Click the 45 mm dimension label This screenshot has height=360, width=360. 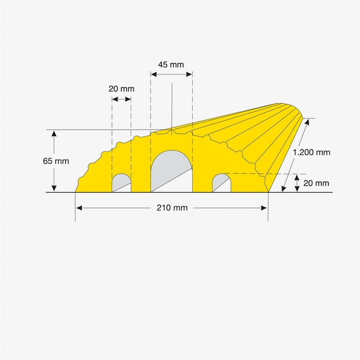click(171, 64)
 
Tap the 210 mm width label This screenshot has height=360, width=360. click(172, 208)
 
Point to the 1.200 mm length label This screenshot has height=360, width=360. click(311, 152)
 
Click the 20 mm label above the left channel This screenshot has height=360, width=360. click(121, 89)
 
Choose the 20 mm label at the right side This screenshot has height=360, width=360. click(316, 183)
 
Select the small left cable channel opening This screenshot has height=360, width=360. click(121, 183)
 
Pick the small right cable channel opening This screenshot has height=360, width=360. click(222, 183)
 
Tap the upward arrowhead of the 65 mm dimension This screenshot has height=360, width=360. click(54, 133)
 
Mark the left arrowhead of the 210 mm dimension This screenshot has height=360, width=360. click(78, 208)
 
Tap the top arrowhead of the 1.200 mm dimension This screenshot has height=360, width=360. click(303, 121)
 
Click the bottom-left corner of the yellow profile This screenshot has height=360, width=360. click(75, 192)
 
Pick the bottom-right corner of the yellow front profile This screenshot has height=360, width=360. click(268, 192)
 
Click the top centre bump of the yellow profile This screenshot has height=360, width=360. click(172, 132)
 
